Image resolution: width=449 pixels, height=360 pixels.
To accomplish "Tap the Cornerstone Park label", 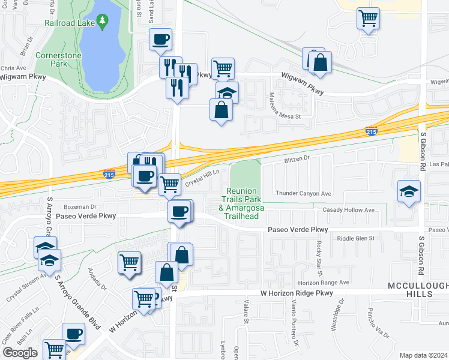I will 67,58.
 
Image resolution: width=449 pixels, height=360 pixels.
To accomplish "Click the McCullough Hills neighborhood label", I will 410,289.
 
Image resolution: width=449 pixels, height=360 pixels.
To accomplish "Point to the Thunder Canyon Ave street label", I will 303,193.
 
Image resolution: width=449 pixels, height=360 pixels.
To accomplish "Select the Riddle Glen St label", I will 355,238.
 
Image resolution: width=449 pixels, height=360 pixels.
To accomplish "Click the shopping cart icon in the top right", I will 369,17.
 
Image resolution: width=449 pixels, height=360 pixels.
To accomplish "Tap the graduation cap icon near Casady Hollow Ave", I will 409,191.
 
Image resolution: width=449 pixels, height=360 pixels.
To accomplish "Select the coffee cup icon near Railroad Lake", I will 160,40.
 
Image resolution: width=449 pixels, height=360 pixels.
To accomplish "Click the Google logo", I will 20,352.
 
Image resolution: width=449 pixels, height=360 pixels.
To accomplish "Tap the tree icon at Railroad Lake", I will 103,23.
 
